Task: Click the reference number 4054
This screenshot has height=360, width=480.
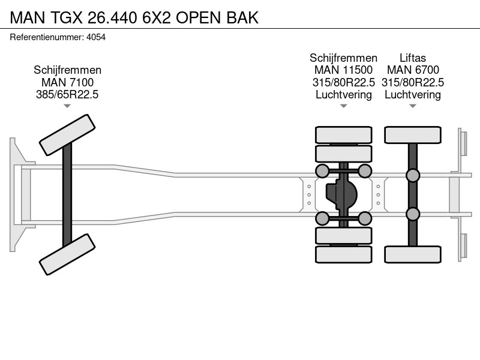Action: click(x=96, y=37)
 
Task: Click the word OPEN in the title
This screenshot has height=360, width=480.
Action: click(x=199, y=18)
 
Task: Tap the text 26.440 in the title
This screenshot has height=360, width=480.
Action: click(x=112, y=18)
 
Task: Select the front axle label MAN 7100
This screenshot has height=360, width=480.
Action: click(x=67, y=82)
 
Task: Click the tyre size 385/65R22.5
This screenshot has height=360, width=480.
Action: click(x=67, y=95)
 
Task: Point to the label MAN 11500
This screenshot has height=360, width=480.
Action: click(x=343, y=70)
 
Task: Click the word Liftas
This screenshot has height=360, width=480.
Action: click(x=413, y=58)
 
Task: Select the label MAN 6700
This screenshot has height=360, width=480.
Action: click(x=413, y=70)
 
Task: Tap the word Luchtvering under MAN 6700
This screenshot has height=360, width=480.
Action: click(x=413, y=95)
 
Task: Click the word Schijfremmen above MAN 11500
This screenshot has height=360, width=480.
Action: click(x=343, y=58)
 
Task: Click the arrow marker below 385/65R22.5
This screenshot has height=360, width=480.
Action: click(x=67, y=106)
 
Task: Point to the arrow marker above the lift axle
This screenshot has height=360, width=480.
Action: click(x=413, y=106)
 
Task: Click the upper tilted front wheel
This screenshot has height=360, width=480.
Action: click(x=67, y=135)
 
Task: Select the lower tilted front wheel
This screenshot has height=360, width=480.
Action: click(x=67, y=254)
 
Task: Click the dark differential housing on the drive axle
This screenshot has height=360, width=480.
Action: click(x=341, y=194)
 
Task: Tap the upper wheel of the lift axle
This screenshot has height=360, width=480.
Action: click(x=413, y=135)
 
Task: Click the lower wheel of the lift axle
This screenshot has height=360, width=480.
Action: click(x=413, y=254)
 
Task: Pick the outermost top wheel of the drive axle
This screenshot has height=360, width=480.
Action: click(x=343, y=135)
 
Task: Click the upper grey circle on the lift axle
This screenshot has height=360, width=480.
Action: click(x=413, y=175)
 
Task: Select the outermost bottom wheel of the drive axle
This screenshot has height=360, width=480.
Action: click(x=343, y=254)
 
